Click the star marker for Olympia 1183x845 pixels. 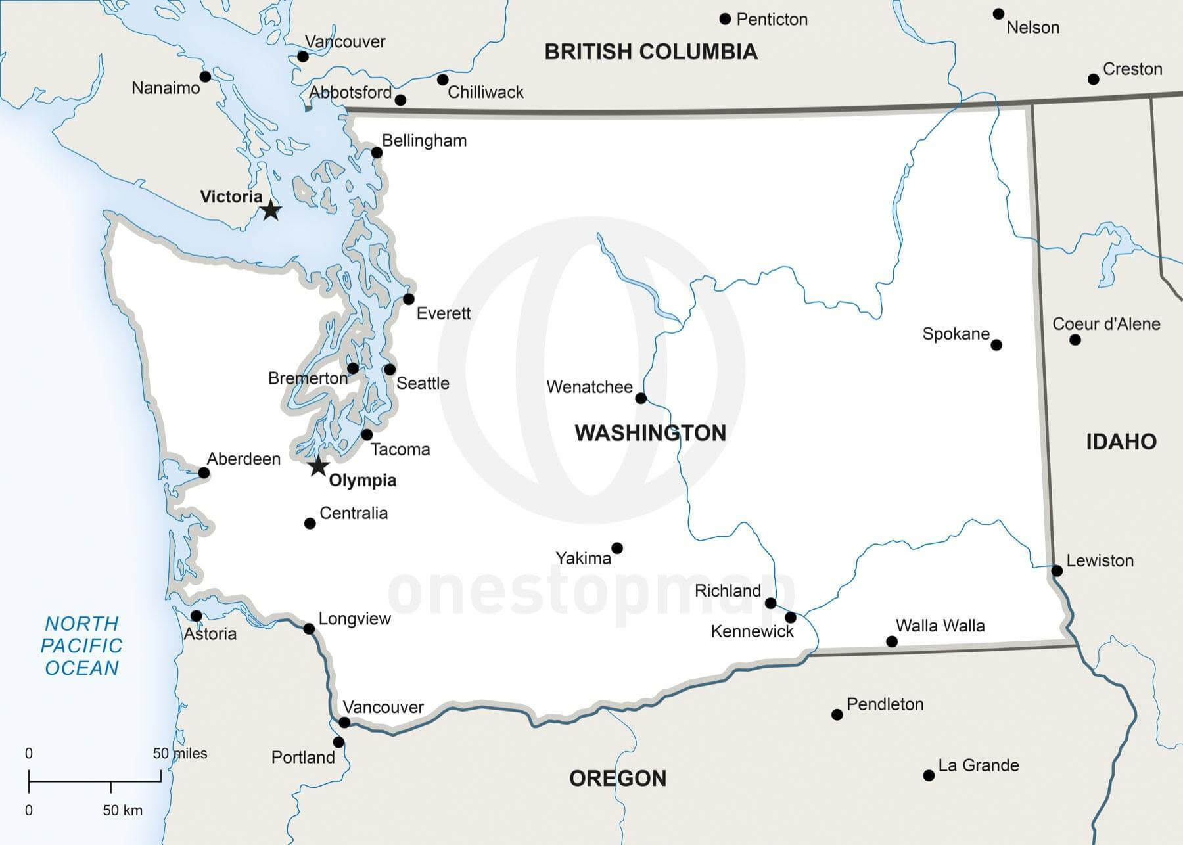pos(319,467)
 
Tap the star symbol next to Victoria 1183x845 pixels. pos(271,211)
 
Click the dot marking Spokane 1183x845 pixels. pos(996,345)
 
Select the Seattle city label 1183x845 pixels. pos(423,383)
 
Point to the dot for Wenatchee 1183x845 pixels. pos(641,398)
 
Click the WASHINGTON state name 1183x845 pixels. pos(650,433)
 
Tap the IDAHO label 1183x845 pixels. pos(1121,442)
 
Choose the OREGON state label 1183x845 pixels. pos(617,779)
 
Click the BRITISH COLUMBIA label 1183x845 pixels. pos(651,52)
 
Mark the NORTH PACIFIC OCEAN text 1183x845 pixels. pos(81,645)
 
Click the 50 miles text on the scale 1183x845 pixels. pos(180,754)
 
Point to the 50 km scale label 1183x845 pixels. pos(122,811)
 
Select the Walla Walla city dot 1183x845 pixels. pos(892,641)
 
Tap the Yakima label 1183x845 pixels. pos(583,559)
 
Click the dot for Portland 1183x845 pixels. pos(338,742)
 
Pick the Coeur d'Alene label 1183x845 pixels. pos(1106,324)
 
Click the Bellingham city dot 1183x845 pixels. pos(377,153)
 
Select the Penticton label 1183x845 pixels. pos(772,20)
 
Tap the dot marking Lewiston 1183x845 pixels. pos(1057,570)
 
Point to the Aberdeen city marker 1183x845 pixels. pos(204,473)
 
